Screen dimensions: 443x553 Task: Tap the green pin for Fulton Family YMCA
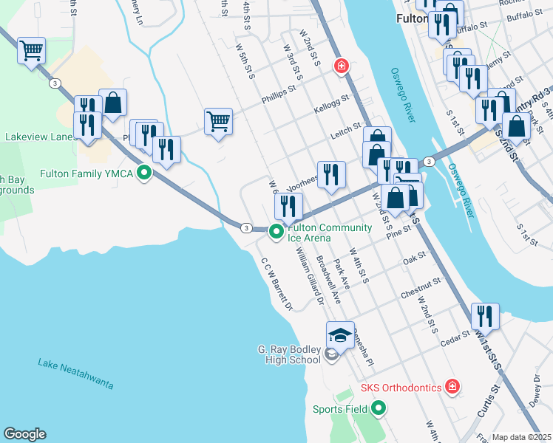145,174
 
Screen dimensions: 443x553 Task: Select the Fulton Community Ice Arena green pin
276,233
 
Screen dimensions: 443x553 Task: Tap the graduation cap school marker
340,334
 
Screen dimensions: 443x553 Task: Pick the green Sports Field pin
379,408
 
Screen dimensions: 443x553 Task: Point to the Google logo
24,434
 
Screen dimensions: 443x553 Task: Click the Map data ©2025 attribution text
521,437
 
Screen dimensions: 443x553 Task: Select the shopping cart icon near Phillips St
219,121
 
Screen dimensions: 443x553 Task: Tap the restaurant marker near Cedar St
485,316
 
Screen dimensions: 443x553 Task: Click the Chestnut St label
421,288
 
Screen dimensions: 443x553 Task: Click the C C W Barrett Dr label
277,283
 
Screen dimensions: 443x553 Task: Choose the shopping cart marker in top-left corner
31,51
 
